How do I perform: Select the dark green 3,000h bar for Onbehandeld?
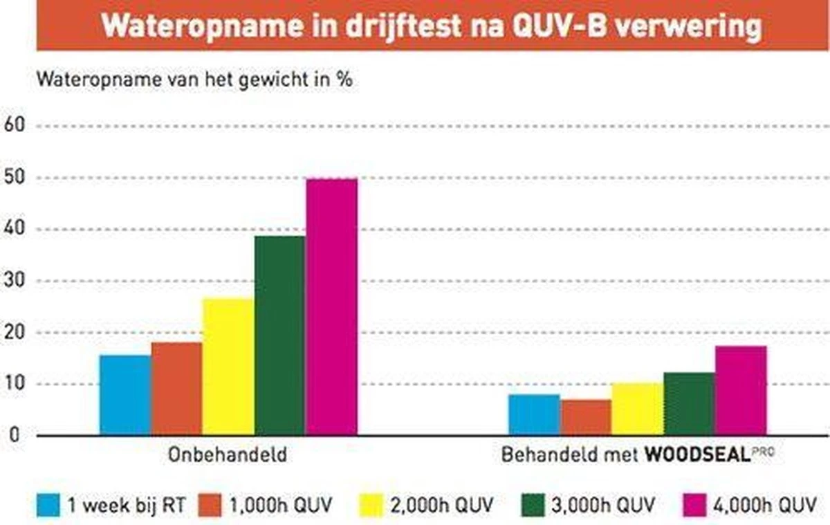280,335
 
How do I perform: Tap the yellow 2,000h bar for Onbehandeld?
228,367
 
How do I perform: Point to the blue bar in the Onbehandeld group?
125,395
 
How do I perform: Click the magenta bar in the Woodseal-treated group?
741,390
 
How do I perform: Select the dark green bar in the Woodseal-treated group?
689,404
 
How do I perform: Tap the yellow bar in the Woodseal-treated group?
637,409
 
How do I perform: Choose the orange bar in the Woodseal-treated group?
586,417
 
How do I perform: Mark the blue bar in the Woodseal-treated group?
534,414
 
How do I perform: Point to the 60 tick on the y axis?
14,126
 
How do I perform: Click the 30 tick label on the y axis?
14,281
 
